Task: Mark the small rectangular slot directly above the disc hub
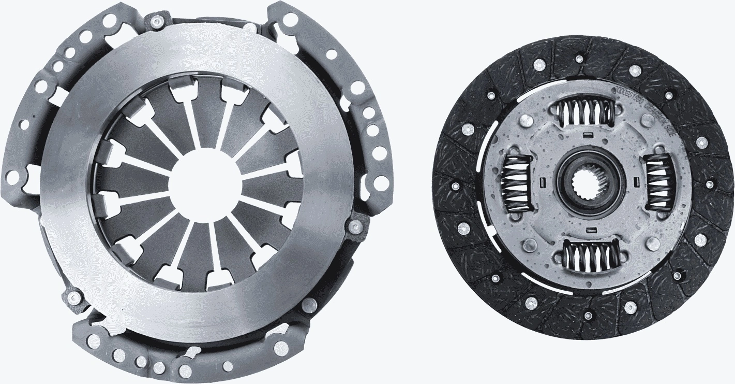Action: (x=587, y=136)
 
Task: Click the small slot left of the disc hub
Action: (x=542, y=182)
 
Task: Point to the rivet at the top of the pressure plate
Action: (x=156, y=21)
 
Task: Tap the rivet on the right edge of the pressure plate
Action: (x=355, y=226)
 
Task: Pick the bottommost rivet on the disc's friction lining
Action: (x=588, y=316)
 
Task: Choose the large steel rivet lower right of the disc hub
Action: (x=653, y=244)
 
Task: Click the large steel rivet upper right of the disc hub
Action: (x=647, y=120)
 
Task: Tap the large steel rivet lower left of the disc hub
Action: (x=529, y=245)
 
